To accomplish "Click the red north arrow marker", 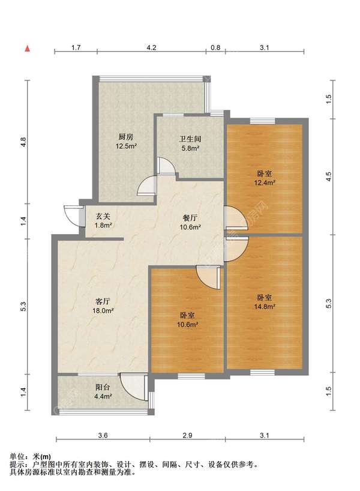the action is click(x=28, y=49).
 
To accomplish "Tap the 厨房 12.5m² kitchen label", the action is click(x=126, y=141).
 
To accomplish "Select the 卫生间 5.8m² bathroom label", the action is click(x=190, y=143).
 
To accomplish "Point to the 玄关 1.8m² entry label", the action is click(x=103, y=220).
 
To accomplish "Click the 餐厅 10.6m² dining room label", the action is click(x=190, y=222).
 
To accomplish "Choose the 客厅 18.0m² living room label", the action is click(x=103, y=306).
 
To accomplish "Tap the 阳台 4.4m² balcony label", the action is click(x=103, y=392).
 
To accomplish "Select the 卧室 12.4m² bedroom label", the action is click(x=265, y=178).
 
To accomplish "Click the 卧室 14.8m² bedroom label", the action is click(x=265, y=302).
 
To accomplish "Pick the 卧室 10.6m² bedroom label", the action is click(x=188, y=320).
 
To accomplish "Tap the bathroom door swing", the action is click(x=167, y=166).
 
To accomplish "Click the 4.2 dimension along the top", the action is click(x=152, y=47).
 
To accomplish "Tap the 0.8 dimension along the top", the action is click(x=215, y=47).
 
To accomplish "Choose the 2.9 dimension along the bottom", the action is click(x=187, y=435).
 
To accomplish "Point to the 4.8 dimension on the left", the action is click(x=23, y=142).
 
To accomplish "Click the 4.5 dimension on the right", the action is click(x=328, y=177).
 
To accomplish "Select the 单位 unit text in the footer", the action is click(x=17, y=457).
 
